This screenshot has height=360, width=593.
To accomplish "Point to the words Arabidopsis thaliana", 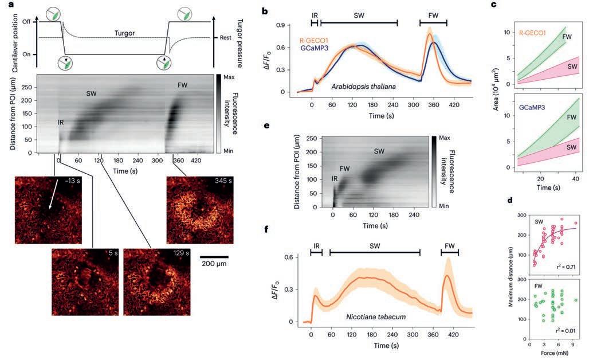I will coord(364,87).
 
